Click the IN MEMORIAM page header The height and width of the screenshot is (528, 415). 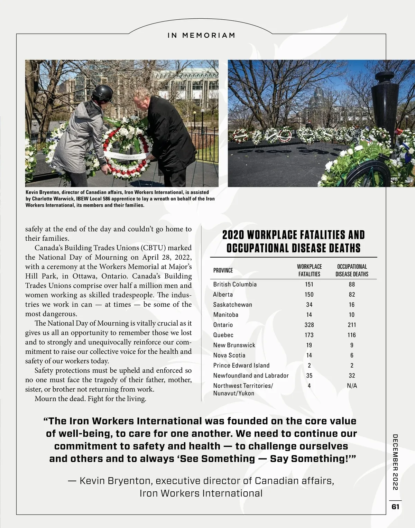[x=201, y=35]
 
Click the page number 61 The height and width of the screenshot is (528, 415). [x=395, y=507]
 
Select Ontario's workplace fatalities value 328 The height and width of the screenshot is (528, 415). [x=309, y=325]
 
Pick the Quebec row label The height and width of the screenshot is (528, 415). [x=223, y=335]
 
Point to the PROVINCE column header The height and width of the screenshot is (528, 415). [x=223, y=270]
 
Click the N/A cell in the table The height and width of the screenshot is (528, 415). [x=352, y=386]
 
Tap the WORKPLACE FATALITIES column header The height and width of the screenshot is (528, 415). [x=309, y=270]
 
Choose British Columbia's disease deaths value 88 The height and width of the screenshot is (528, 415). [x=352, y=284]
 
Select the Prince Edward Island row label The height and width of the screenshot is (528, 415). [x=241, y=365]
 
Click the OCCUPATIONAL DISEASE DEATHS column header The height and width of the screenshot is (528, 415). [x=352, y=270]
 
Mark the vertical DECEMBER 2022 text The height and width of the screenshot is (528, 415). [x=395, y=462]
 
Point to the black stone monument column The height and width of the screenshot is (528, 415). [x=384, y=104]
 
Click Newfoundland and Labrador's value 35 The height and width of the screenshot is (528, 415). [x=309, y=376]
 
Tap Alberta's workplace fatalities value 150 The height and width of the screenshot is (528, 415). [x=309, y=295]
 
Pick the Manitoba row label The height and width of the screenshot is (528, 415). [x=225, y=315]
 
